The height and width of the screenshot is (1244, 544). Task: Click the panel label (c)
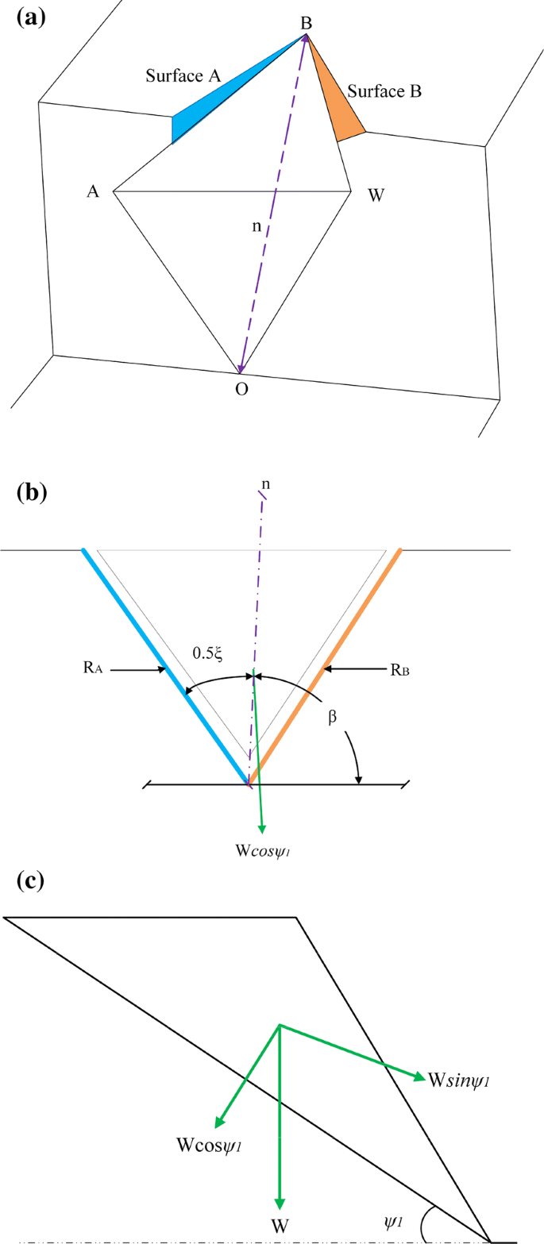[31, 882]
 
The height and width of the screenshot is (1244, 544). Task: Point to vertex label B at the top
[305, 24]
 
